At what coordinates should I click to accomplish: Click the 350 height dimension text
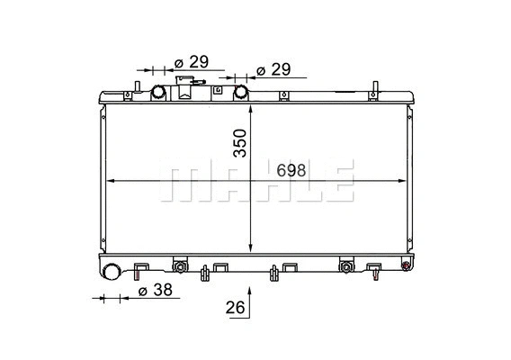click(239, 143)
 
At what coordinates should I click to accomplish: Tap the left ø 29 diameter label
click(190, 61)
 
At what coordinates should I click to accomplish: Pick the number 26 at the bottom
click(236, 308)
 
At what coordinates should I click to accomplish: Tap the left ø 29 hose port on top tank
click(159, 92)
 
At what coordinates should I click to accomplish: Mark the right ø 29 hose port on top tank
click(241, 92)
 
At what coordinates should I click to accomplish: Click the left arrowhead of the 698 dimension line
click(110, 181)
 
